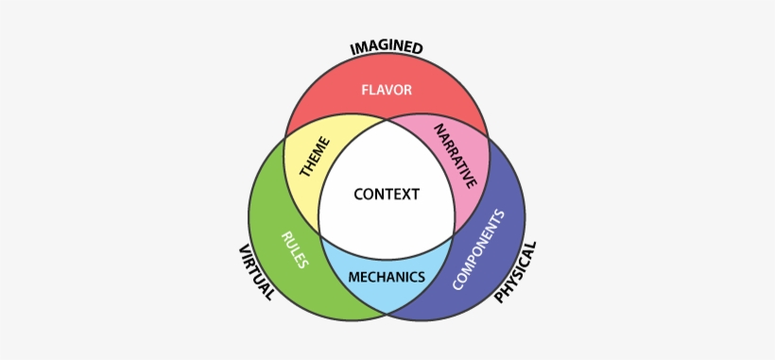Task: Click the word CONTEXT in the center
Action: pyautogui.click(x=386, y=195)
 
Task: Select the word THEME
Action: pyautogui.click(x=315, y=156)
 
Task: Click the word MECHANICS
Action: pyautogui.click(x=386, y=278)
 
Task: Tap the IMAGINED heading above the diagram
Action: pyautogui.click(x=386, y=47)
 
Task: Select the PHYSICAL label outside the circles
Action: pyautogui.click(x=515, y=272)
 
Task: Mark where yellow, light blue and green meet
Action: pyautogui.click(x=319, y=234)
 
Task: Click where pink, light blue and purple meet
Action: pyautogui.click(x=453, y=234)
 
